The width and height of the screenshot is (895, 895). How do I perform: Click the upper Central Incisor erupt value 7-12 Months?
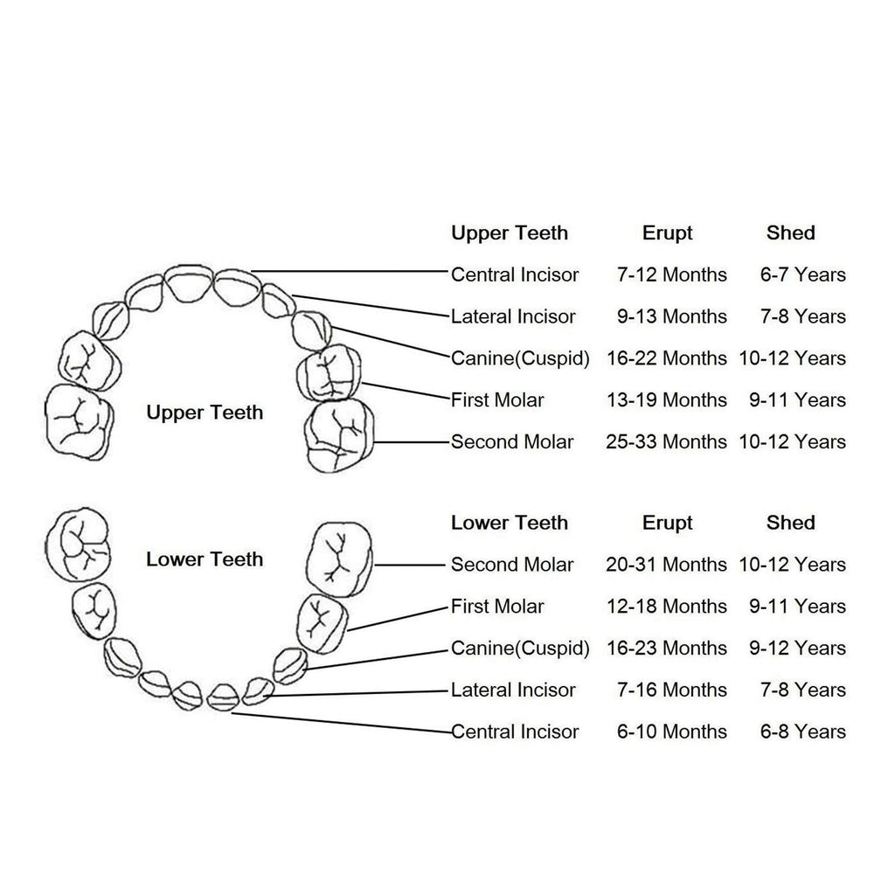click(x=671, y=274)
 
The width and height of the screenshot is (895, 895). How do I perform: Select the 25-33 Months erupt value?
click(x=666, y=441)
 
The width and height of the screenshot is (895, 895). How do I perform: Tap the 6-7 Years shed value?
click(x=802, y=274)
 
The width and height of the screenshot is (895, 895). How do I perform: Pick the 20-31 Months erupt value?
click(x=666, y=565)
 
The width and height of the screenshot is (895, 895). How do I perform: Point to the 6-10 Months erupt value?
click(x=671, y=732)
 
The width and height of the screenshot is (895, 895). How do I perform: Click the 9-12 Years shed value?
click(x=797, y=649)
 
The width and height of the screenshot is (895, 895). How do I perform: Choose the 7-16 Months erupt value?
click(x=671, y=690)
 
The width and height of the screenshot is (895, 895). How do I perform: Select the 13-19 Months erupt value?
click(x=666, y=400)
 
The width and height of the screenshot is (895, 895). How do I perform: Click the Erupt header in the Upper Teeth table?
click(x=667, y=233)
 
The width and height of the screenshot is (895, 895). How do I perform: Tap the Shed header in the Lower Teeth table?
click(x=790, y=523)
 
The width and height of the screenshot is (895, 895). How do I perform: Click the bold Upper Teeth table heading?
click(x=510, y=233)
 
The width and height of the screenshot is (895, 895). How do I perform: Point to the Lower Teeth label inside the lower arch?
click(x=205, y=559)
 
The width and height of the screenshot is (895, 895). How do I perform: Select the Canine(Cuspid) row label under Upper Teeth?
click(x=520, y=358)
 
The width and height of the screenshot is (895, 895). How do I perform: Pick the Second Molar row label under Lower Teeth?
click(x=512, y=565)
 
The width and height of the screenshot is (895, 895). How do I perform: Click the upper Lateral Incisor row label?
click(x=513, y=316)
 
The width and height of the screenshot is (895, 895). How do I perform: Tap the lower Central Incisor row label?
click(x=515, y=732)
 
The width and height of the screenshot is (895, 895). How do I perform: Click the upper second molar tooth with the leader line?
click(x=340, y=435)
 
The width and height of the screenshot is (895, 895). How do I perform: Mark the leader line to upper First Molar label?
click(x=406, y=391)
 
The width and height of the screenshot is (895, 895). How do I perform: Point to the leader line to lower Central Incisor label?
click(x=342, y=723)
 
